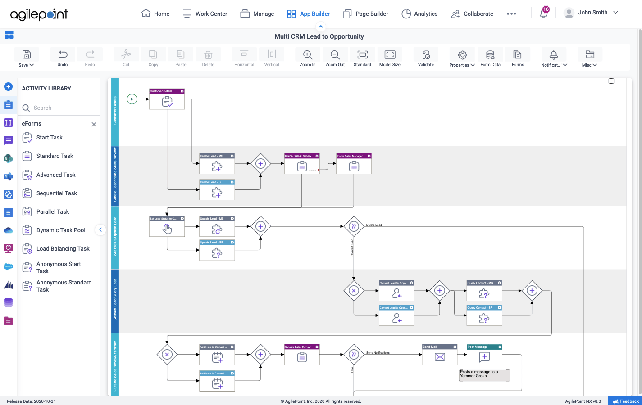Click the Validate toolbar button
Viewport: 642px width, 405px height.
[x=426, y=58]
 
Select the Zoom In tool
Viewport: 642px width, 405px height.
[x=308, y=58]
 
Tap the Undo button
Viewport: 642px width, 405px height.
[x=63, y=58]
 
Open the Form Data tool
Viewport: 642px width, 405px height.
[x=490, y=58]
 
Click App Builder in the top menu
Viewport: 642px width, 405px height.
[x=309, y=14]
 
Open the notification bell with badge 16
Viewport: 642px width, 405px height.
[x=544, y=13]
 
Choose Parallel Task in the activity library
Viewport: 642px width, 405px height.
[x=53, y=212]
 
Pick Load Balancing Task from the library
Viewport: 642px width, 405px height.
[x=63, y=249]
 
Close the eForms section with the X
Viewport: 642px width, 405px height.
[x=94, y=125]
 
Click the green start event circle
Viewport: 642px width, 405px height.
[x=132, y=99]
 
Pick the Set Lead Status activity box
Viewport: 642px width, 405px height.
[x=167, y=227]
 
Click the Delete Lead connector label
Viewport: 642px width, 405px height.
[x=374, y=225]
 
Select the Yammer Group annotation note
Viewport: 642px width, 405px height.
[x=484, y=375]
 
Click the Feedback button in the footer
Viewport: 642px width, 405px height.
[x=625, y=401]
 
